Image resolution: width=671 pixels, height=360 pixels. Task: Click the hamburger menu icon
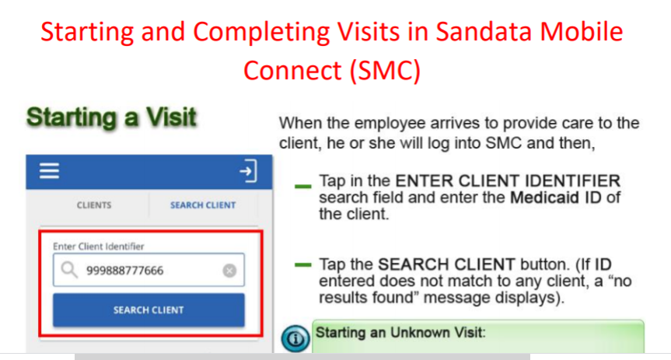[50, 171]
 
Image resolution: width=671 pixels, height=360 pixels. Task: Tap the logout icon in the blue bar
[247, 171]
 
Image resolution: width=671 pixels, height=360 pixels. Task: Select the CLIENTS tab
[93, 205]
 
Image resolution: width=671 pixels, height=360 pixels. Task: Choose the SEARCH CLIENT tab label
[203, 205]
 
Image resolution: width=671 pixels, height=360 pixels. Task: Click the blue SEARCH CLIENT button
[149, 309]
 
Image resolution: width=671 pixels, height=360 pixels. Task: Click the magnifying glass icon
[69, 271]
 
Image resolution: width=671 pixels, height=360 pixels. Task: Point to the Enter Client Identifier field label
[99, 246]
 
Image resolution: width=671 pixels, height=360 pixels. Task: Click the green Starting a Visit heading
[110, 118]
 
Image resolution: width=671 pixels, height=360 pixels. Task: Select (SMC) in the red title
[384, 69]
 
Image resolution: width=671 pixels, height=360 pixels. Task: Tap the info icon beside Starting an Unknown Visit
[295, 338]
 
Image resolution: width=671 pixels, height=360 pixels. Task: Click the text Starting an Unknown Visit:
[400, 333]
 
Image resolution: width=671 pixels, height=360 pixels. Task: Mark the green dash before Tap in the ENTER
[302, 187]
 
